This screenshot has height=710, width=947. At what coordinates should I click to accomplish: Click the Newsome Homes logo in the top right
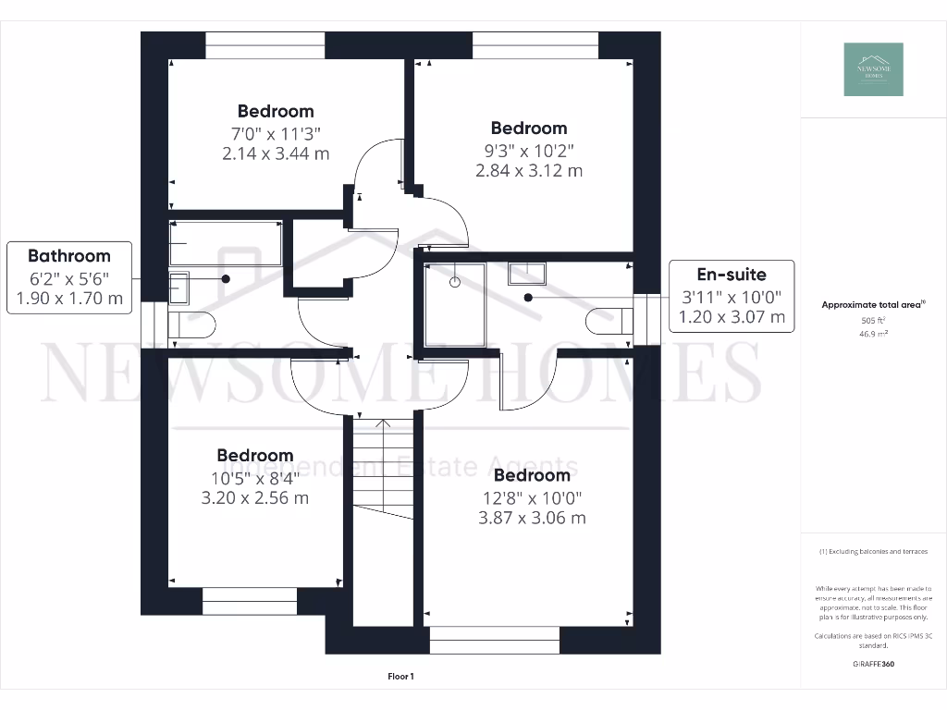873,69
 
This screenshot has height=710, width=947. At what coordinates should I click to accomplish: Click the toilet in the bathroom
191,324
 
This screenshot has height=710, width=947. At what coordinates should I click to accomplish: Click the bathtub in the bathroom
226,243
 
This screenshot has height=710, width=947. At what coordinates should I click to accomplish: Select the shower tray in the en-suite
454,304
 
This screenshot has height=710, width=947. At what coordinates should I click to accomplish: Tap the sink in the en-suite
526,273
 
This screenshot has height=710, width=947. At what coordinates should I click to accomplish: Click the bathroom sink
179,288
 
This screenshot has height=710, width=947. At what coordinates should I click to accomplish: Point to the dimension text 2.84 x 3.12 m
529,170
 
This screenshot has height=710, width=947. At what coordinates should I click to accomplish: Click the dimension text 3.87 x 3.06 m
532,518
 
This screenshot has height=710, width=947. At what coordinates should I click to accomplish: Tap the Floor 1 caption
400,677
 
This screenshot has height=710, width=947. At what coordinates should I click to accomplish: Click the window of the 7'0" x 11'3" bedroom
264,45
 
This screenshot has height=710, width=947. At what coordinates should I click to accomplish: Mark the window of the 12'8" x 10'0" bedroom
495,640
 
